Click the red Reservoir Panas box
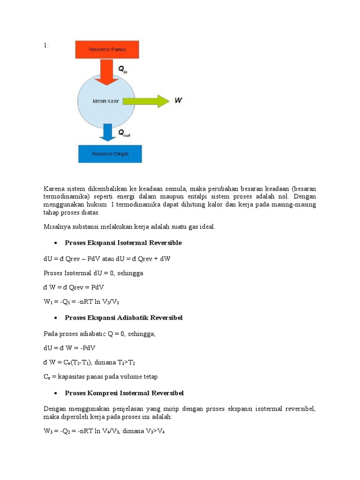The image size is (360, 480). (108, 49)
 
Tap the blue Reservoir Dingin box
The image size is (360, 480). (110, 153)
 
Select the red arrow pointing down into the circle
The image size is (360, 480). (108, 72)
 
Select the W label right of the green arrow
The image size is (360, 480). (179, 100)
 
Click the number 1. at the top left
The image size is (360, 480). (46, 45)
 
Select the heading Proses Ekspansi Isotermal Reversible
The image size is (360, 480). (123, 243)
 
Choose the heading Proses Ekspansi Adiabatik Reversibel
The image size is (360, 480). (124, 318)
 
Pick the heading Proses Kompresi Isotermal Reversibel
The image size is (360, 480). (124, 393)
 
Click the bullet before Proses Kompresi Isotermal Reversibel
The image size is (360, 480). (56, 393)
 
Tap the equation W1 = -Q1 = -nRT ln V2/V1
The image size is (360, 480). (85, 303)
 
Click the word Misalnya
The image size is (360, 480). (59, 227)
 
